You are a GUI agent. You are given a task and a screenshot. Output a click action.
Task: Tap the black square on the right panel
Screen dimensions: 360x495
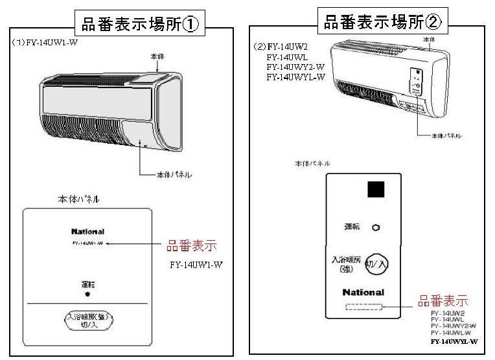click(x=375, y=190)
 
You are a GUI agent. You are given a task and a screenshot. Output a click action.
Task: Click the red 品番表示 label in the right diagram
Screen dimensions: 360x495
click(x=443, y=302)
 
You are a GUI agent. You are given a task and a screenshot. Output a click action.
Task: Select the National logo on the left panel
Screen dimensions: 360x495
click(x=87, y=231)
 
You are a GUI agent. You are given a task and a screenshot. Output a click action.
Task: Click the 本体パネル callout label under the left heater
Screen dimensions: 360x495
click(x=174, y=175)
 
